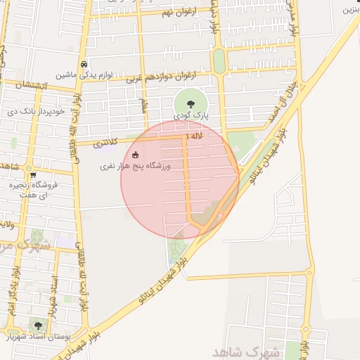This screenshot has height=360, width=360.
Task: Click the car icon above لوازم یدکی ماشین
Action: [x=84, y=63]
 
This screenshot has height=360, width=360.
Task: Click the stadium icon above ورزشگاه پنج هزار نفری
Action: [x=136, y=155]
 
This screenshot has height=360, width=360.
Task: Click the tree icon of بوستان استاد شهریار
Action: [x=37, y=325]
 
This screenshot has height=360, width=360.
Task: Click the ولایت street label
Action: [x=7, y=224]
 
